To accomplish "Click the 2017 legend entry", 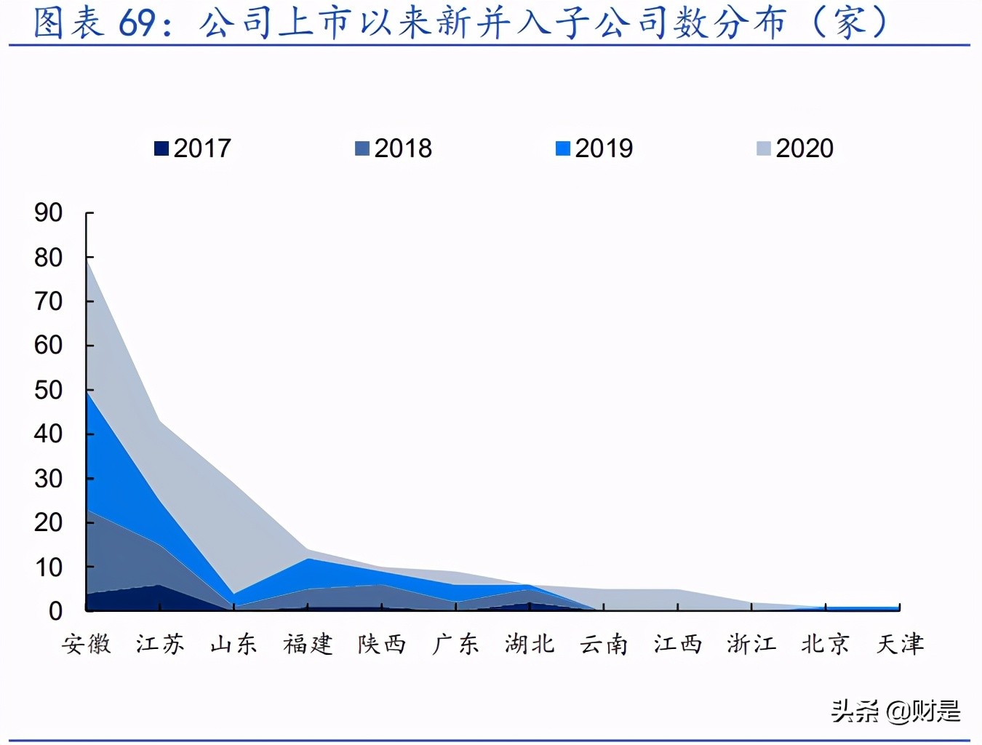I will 193,148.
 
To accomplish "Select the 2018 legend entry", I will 394,148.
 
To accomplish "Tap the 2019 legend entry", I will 595,148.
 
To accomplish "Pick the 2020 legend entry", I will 796,148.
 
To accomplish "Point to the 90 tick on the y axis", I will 49,213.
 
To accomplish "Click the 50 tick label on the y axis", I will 49,390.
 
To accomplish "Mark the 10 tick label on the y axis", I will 49,567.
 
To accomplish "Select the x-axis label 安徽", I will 87,644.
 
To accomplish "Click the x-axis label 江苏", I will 160,644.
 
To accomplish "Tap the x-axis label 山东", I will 234,644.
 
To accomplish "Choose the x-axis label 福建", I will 308,644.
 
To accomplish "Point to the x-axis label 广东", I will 456,644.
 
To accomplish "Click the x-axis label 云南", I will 604,644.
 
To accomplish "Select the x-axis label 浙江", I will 751,644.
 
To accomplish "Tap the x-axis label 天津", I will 900,644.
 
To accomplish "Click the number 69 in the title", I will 137,23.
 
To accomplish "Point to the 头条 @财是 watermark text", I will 895,711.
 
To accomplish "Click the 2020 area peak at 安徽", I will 87,262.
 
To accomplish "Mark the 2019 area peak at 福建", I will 308,559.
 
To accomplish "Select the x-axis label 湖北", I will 530,644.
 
